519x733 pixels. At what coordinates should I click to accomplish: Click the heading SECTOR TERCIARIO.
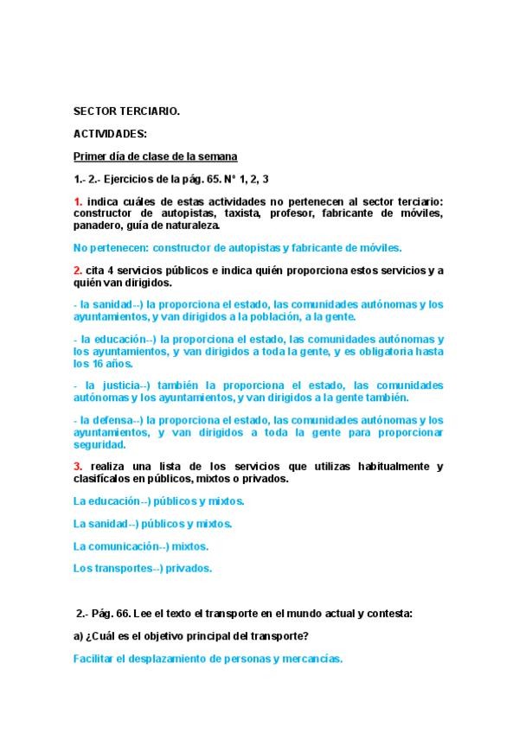[127, 111]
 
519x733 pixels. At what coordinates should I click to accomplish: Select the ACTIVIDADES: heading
[110, 133]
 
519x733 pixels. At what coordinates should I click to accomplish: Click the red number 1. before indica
[78, 201]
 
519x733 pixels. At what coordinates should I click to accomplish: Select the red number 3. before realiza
[78, 467]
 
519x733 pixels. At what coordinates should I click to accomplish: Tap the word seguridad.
[99, 444]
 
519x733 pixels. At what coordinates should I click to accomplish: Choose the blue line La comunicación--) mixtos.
[141, 546]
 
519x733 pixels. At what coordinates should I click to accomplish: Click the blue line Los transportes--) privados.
[143, 569]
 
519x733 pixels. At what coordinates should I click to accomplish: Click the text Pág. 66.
[112, 614]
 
